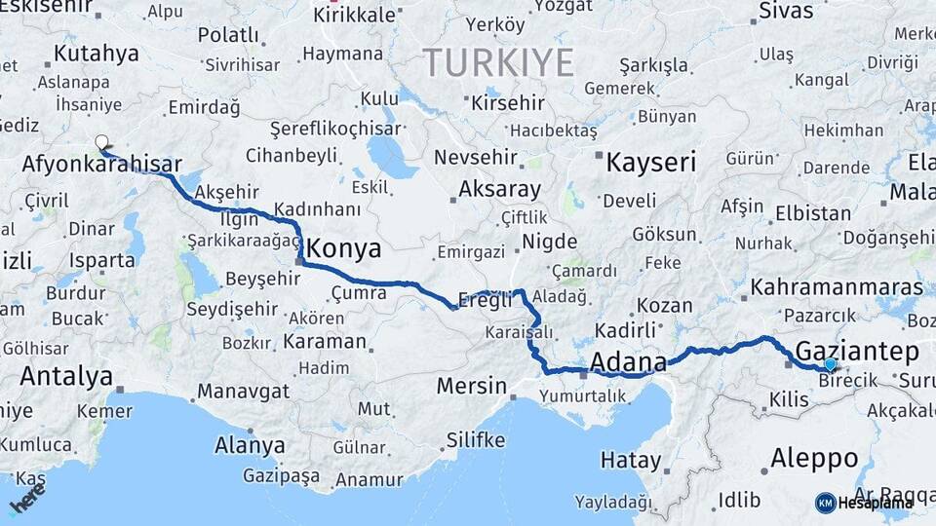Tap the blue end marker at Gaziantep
(830, 364)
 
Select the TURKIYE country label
(498, 62)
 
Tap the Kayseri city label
(650, 162)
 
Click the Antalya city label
(66, 376)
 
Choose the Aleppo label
(814, 458)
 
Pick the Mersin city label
(471, 386)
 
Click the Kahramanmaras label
(838, 288)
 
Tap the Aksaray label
(499, 189)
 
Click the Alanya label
(250, 446)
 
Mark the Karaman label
(325, 342)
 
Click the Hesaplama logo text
(874, 503)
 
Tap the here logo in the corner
(27, 503)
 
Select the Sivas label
(785, 12)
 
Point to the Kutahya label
(97, 53)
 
